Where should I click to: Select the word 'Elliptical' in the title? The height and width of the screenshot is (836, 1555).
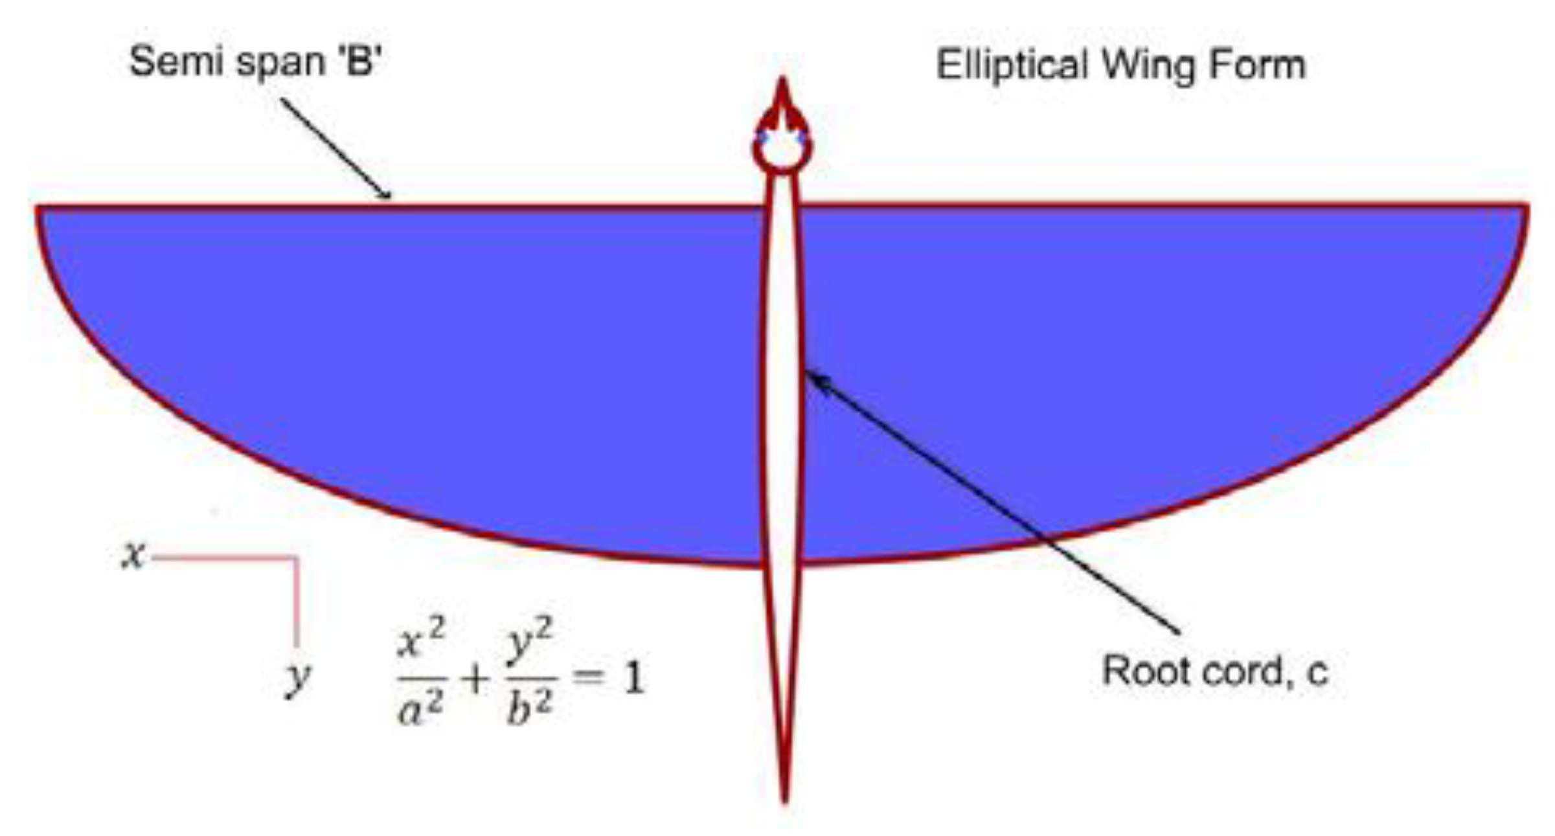[1013, 65]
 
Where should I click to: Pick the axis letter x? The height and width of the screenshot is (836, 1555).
[133, 554]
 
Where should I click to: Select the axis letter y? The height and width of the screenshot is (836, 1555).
[298, 679]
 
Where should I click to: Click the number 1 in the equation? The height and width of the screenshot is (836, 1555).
[633, 677]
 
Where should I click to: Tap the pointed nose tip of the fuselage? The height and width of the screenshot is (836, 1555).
[782, 82]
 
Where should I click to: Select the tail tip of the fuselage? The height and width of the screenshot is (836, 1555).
[784, 800]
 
